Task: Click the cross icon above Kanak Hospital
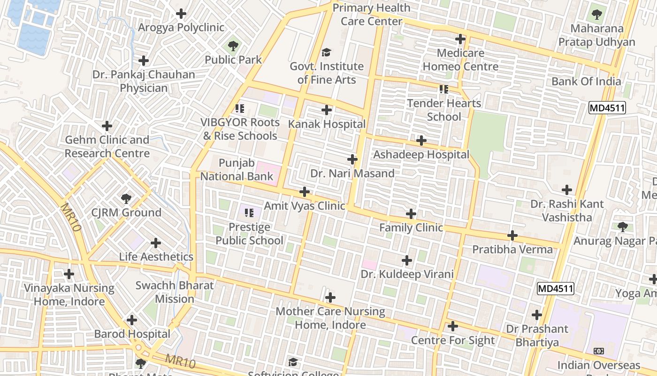(327, 110)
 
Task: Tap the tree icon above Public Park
(233, 46)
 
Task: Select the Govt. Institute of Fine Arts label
(327, 73)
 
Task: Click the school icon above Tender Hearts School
(443, 89)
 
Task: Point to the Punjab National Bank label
(237, 170)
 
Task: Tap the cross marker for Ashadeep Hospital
(421, 140)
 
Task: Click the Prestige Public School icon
(249, 213)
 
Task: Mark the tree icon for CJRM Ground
(126, 198)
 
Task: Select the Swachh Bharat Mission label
(175, 292)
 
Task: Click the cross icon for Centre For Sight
(453, 326)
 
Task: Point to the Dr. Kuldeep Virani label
(407, 274)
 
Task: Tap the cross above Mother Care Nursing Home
(330, 297)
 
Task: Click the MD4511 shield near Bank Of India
(607, 108)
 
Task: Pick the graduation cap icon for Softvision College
(293, 362)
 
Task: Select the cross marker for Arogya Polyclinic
(181, 14)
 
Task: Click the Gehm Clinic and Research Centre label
(107, 147)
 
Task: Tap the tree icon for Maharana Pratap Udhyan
(596, 15)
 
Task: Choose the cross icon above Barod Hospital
(132, 320)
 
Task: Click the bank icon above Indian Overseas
(598, 351)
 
